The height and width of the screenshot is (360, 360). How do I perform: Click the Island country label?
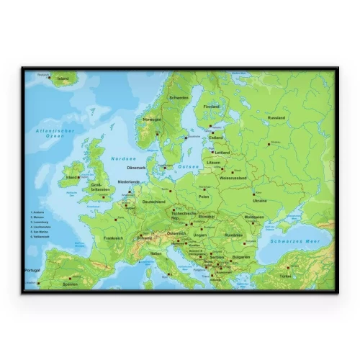[x=63, y=78]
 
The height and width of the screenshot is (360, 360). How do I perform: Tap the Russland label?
[x=276, y=117]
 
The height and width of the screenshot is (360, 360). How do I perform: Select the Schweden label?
[x=179, y=98]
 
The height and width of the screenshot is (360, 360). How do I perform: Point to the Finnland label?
[x=211, y=107]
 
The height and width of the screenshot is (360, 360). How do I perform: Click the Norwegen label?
[x=152, y=120]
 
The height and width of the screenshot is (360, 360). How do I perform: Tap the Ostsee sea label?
[x=189, y=166]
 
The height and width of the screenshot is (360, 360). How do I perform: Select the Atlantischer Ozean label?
[x=52, y=132]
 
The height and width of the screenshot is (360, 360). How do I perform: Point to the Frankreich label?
[x=114, y=238]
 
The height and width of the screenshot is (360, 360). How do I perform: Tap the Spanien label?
[x=70, y=284]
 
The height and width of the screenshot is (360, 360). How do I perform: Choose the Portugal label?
[x=32, y=270]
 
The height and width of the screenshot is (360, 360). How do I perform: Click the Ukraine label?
[x=260, y=201]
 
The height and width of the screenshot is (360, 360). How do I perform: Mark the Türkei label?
[x=287, y=276]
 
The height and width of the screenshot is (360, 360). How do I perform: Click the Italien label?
[x=156, y=253]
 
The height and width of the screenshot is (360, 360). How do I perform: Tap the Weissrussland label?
[x=233, y=178]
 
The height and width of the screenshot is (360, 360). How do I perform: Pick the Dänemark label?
[x=137, y=168]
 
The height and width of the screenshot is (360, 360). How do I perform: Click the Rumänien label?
[x=233, y=235]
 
